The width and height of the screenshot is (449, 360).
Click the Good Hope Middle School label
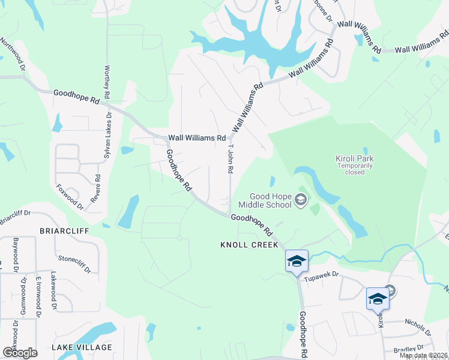click(x=270, y=200)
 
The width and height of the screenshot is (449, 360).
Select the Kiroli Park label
click(x=354, y=158)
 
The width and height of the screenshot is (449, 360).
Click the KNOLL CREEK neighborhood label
click(x=249, y=245)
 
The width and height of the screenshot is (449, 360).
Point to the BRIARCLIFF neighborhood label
click(x=64, y=230)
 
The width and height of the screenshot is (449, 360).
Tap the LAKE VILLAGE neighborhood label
click(x=82, y=347)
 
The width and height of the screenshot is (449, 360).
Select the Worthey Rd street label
click(x=107, y=82)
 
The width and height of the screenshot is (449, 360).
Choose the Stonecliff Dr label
click(x=74, y=263)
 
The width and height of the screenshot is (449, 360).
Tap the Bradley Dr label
click(x=406, y=349)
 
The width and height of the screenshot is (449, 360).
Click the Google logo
click(x=20, y=353)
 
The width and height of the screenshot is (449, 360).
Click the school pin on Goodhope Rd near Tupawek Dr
click(x=297, y=262)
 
